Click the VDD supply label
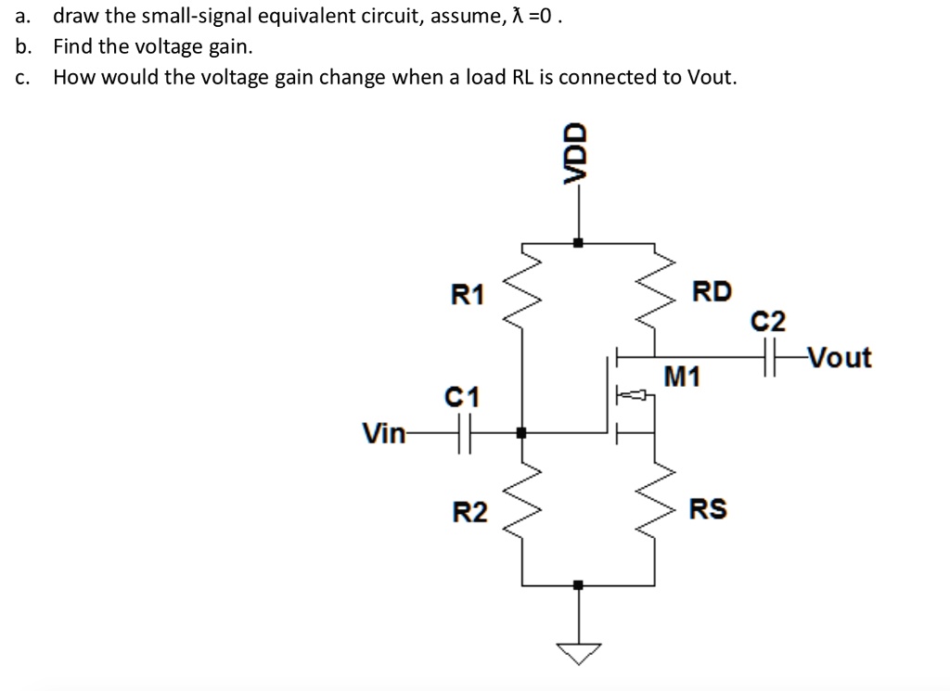[578, 157]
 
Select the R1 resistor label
[468, 295]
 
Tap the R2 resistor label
[469, 511]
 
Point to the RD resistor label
[712, 292]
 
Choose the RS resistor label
[708, 509]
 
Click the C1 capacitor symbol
[465, 432]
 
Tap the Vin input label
[383, 432]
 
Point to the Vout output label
[839, 357]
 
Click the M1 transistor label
[684, 377]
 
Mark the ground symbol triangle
[578, 654]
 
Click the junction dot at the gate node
[520, 432]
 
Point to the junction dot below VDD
[578, 243]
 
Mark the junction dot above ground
[578, 585]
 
